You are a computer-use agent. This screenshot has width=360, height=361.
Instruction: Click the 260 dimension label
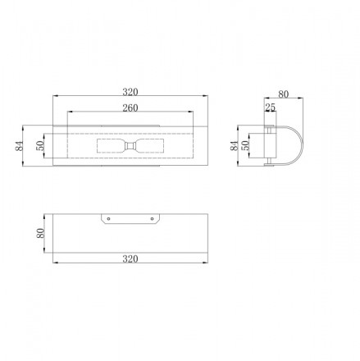(x=130, y=108)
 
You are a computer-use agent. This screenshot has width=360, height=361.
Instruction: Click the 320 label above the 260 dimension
(x=130, y=92)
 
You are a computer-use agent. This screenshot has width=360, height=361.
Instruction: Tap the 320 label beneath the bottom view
(x=130, y=258)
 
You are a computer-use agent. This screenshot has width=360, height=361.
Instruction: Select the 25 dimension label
(x=270, y=107)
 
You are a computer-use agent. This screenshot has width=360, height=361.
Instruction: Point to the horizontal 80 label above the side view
(x=284, y=94)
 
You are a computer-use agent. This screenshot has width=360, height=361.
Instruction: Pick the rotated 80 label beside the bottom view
(x=40, y=233)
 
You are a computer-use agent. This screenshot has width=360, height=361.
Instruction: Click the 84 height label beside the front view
(x=19, y=145)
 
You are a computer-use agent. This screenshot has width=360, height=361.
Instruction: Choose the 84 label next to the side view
(x=235, y=145)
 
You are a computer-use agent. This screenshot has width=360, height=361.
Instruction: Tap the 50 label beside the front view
(x=40, y=145)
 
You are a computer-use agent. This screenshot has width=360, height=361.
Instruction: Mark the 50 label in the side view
(x=246, y=145)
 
